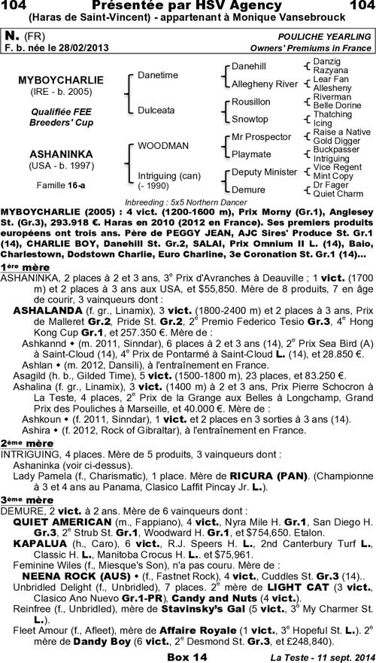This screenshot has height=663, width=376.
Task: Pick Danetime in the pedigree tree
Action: point(157,75)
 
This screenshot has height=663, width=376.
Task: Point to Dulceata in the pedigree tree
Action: point(156,109)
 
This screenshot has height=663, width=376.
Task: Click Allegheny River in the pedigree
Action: point(264,84)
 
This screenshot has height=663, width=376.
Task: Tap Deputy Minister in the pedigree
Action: point(264,172)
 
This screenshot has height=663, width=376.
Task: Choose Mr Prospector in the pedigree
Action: point(260,137)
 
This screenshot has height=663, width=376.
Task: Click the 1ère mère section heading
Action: point(20,267)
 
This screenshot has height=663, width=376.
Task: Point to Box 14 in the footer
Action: point(187,656)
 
